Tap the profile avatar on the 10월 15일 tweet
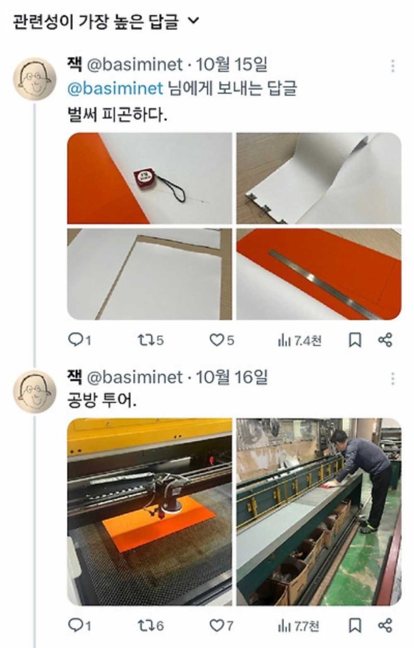pyautogui.click(x=34, y=79)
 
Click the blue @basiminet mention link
pyautogui.click(x=115, y=89)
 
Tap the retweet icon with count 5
pyautogui.click(x=144, y=340)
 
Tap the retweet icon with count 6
pyautogui.click(x=144, y=626)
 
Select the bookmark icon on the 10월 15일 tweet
pyautogui.click(x=355, y=340)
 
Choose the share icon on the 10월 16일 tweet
pyautogui.click(x=385, y=626)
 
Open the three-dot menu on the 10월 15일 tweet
pyautogui.click(x=393, y=66)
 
